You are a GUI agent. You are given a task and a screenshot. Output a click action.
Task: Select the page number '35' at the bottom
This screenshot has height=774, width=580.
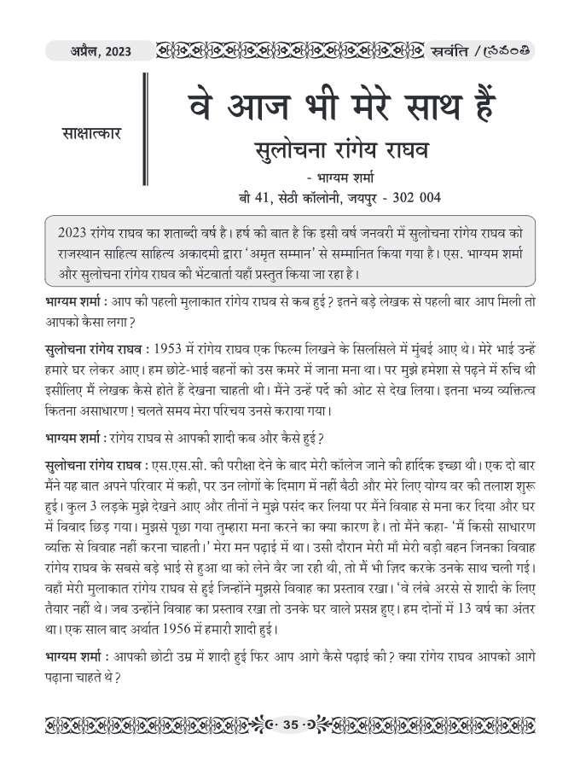coord(289,725)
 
